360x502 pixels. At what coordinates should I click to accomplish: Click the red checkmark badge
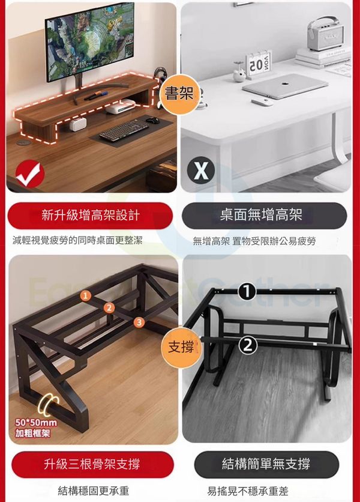(30, 174)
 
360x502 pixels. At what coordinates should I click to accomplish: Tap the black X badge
(201, 171)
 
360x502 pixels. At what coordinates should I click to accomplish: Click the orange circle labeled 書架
(179, 94)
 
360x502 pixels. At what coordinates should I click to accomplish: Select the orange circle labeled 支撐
(181, 347)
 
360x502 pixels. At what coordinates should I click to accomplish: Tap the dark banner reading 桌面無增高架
(265, 215)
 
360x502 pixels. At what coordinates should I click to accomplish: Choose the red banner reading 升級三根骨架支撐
(92, 464)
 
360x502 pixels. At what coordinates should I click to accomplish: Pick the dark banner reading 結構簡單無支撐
(266, 464)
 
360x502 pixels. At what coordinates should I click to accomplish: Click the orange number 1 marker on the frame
(85, 296)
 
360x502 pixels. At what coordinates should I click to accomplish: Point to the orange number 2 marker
(109, 308)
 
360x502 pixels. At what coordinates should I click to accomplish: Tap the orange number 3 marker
(139, 322)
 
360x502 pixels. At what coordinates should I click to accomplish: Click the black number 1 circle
(247, 291)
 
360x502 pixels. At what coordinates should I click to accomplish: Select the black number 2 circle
(248, 345)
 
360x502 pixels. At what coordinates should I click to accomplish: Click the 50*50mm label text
(36, 423)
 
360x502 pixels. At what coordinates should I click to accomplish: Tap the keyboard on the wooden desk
(124, 130)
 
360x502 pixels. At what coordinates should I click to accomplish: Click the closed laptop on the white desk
(285, 86)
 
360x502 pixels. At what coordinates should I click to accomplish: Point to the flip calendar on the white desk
(259, 64)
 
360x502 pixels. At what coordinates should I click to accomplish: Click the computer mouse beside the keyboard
(152, 120)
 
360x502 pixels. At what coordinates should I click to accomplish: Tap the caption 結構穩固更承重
(93, 491)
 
